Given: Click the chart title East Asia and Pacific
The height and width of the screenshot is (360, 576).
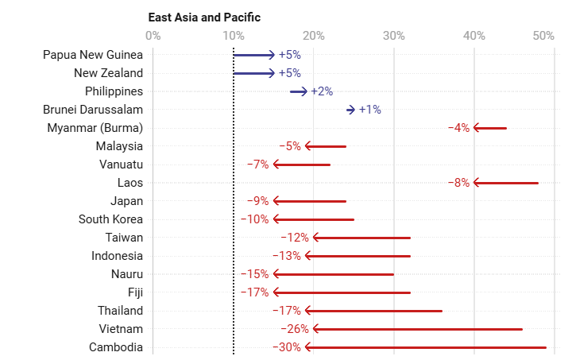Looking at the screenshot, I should pyautogui.click(x=204, y=17).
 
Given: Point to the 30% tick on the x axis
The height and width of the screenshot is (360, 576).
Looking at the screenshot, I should pyautogui.click(x=393, y=35).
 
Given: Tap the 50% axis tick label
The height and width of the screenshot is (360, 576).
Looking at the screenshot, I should pyautogui.click(x=543, y=35).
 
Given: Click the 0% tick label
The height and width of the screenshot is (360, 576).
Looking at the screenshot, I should pyautogui.click(x=153, y=35).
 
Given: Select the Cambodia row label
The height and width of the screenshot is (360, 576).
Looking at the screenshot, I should pyautogui.click(x=116, y=347).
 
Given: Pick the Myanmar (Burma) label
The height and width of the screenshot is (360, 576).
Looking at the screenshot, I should pyautogui.click(x=95, y=128).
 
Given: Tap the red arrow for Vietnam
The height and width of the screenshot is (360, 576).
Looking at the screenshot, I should pyautogui.click(x=418, y=329).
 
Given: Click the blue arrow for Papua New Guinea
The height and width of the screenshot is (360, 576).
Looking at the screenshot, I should pyautogui.click(x=253, y=55).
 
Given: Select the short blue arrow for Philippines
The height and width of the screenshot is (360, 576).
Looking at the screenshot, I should pyautogui.click(x=298, y=91).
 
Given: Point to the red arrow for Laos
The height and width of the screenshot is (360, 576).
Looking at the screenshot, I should pyautogui.click(x=505, y=183).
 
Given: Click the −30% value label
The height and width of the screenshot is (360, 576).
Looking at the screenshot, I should pyautogui.click(x=286, y=347).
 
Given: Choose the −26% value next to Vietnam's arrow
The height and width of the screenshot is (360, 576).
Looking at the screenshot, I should pyautogui.click(x=294, y=329).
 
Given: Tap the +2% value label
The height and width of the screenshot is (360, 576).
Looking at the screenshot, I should pyautogui.click(x=322, y=91).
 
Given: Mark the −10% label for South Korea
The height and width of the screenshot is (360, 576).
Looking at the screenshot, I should pyautogui.click(x=254, y=219).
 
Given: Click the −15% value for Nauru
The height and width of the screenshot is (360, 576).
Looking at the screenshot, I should pyautogui.click(x=254, y=274).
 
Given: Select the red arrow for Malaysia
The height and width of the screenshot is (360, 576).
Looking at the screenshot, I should pyautogui.click(x=326, y=146).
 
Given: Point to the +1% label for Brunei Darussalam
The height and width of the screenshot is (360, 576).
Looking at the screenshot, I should pyautogui.click(x=369, y=110).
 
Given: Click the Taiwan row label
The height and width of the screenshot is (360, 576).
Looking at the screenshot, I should pyautogui.click(x=124, y=238).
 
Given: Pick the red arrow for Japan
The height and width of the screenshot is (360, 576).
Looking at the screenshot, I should pyautogui.click(x=310, y=201).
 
